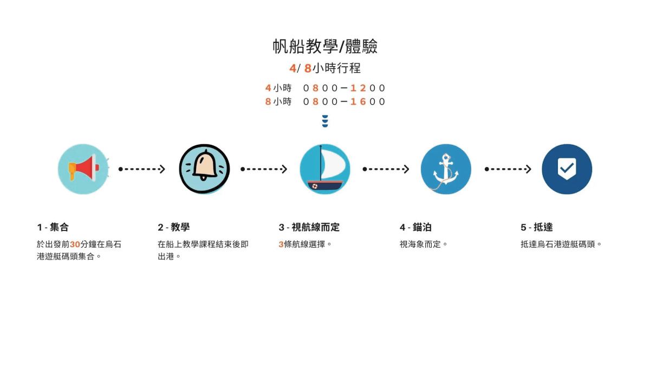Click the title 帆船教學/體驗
point(325,47)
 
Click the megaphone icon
point(83,169)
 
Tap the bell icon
point(204,169)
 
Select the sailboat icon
point(325,169)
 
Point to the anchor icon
point(446,169)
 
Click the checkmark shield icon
point(567,169)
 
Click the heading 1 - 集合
point(53,227)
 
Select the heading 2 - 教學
point(173,227)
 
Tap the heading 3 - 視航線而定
point(309,227)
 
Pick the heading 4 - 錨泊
point(415,227)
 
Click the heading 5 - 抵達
point(537,227)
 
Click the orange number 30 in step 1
point(75,245)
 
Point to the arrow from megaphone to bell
point(141,169)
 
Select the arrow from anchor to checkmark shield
point(508,169)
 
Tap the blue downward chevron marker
point(325,121)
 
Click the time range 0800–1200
point(344,88)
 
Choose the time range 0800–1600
point(344,101)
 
